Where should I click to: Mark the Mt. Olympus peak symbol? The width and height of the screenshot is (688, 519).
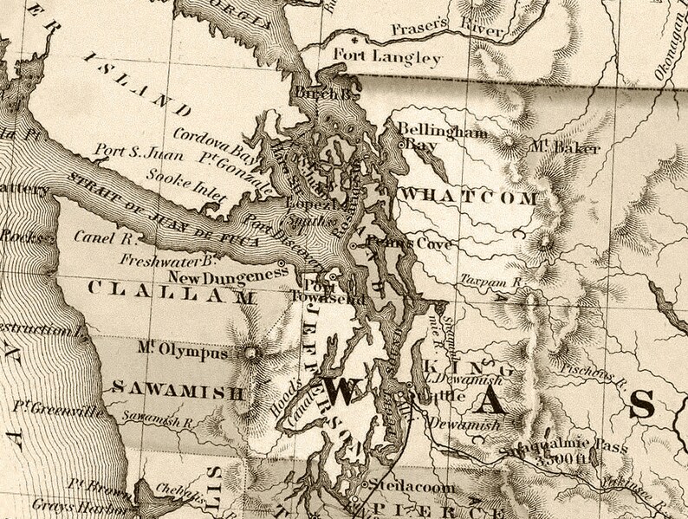point(252,353)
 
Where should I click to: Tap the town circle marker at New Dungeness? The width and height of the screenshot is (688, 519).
point(282,262)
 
